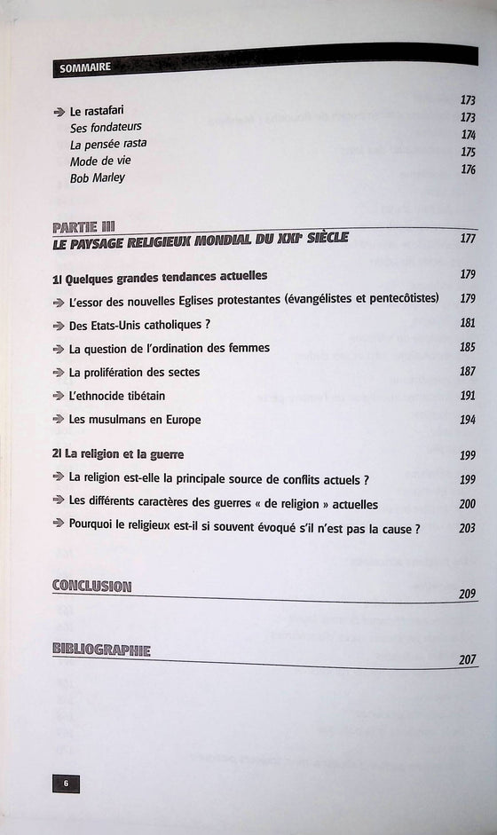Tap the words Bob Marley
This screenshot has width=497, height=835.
pyautogui.click(x=98, y=177)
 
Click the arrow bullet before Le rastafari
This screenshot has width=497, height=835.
pyautogui.click(x=59, y=112)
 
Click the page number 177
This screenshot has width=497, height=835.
pyautogui.click(x=469, y=239)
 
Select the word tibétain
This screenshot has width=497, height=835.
pyautogui.click(x=138, y=396)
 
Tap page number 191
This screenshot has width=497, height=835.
pyautogui.click(x=469, y=396)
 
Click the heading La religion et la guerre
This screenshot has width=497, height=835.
pyautogui.click(x=118, y=454)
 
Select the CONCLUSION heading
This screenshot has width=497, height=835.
pyautogui.click(x=91, y=586)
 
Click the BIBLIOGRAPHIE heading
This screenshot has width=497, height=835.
pyautogui.click(x=101, y=650)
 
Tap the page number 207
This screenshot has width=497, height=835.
pyautogui.click(x=469, y=658)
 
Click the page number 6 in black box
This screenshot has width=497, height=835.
pyautogui.click(x=66, y=783)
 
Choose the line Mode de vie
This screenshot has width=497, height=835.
pyautogui.click(x=99, y=161)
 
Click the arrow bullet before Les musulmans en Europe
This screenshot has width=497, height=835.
pyautogui.click(x=59, y=420)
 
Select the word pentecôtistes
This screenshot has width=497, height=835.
pyautogui.click(x=397, y=299)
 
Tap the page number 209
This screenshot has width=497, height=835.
pyautogui.click(x=469, y=594)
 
